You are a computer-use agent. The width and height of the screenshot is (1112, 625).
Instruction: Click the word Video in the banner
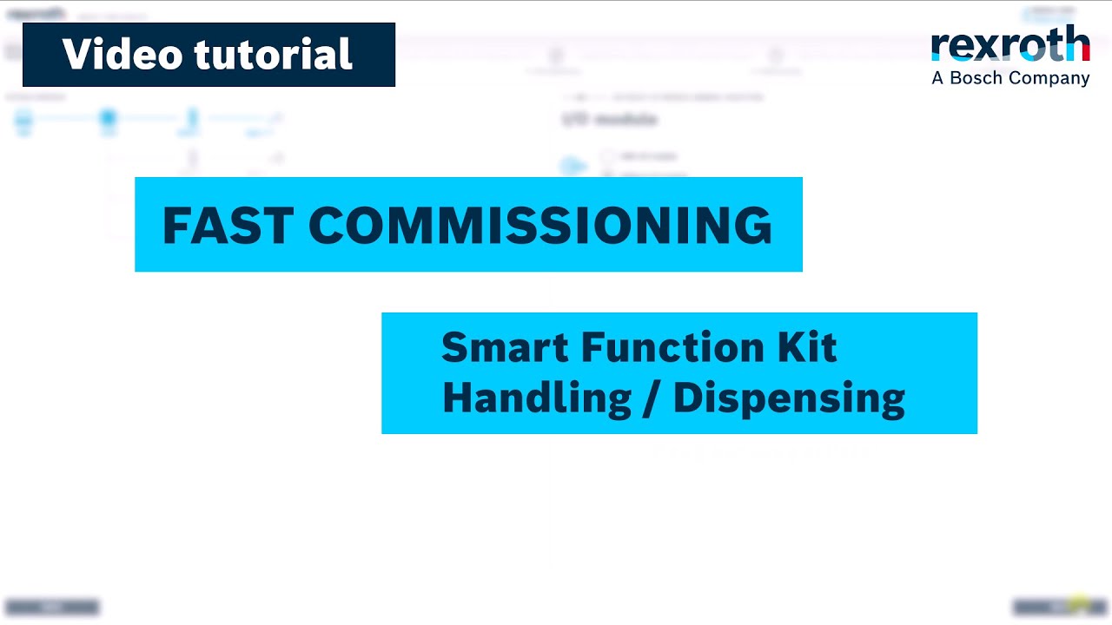tap(122, 55)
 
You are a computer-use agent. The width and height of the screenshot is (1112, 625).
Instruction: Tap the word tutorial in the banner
tap(274, 55)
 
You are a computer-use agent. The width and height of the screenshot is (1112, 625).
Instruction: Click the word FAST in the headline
tap(228, 226)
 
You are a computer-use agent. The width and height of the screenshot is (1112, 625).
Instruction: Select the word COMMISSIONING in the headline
tap(539, 226)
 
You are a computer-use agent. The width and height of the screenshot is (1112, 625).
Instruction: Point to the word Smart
tap(505, 348)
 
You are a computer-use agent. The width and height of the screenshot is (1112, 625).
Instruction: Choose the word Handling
tap(536, 398)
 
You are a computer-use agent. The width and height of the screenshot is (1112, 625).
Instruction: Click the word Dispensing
tap(789, 398)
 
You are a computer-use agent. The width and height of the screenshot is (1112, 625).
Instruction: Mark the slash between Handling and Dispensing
tap(652, 398)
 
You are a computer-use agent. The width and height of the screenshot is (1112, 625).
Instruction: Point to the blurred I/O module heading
tap(609, 119)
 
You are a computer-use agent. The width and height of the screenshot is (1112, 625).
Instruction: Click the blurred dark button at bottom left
tap(52, 607)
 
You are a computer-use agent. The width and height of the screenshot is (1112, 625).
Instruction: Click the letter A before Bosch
tap(937, 78)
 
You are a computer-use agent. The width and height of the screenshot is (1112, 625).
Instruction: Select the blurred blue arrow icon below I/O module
tap(572, 165)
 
